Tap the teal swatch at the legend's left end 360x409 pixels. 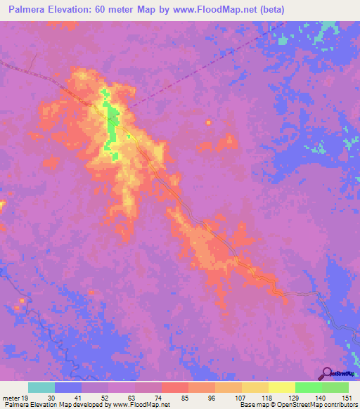(x=41, y=387)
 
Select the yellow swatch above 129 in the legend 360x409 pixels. (x=281, y=387)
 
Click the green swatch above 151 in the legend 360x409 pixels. (x=335, y=387)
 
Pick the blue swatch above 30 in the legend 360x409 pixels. (x=68, y=387)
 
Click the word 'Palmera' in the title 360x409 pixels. (x=25, y=10)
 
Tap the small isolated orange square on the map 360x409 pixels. (x=208, y=123)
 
